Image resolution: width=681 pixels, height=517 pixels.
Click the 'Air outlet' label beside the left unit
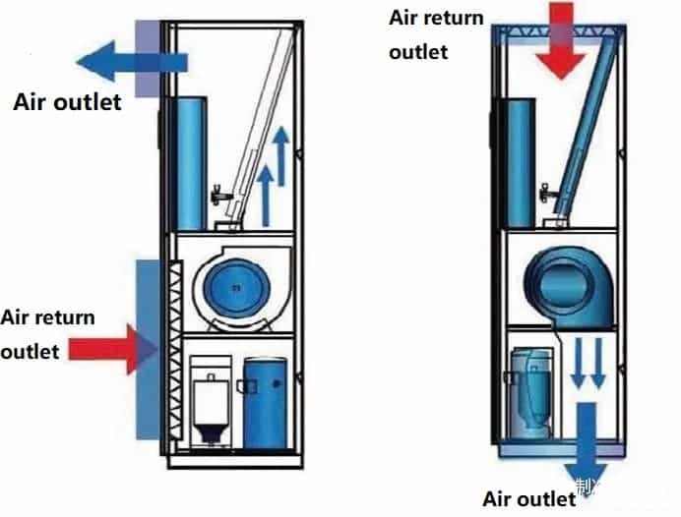point(67,101)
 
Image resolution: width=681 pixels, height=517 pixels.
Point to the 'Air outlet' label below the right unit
point(528,498)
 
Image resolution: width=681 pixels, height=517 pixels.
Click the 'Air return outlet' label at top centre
point(436,34)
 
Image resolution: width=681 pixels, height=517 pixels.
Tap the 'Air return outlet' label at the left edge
point(47,333)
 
